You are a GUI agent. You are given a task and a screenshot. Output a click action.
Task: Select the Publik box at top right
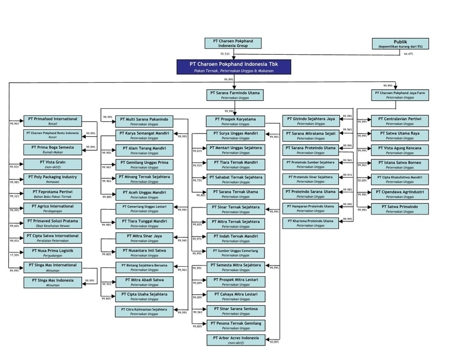tap(401, 43)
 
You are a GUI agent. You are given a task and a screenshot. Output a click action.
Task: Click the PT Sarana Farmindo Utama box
tap(235, 94)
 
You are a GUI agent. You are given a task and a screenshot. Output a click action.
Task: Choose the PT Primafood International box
tap(52, 121)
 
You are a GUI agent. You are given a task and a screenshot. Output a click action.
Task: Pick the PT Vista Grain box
tap(52, 164)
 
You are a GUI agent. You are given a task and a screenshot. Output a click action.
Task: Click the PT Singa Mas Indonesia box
tap(52, 282)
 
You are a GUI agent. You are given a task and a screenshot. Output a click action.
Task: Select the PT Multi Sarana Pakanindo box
tap(144, 121)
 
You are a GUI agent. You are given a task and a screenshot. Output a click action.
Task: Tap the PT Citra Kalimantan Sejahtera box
tap(144, 311)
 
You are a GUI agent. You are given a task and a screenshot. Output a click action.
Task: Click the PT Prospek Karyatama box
tap(235, 121)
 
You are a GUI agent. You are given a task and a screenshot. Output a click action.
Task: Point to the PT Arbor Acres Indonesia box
tap(235, 340)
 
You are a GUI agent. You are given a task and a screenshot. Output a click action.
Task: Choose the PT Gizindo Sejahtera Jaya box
tap(312, 121)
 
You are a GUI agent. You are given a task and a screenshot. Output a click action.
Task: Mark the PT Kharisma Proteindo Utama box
tap(312, 223)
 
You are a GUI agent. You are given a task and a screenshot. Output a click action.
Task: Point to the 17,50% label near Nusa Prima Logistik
tap(15, 255)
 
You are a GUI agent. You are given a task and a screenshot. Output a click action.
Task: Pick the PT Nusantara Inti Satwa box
tap(144, 252)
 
